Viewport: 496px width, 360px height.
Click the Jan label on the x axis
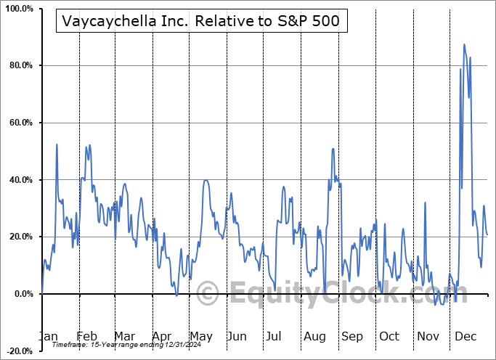pyautogui.click(x=48, y=337)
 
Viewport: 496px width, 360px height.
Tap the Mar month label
pyautogui.click(x=123, y=337)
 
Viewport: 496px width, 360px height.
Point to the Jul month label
pyautogui.click(x=274, y=337)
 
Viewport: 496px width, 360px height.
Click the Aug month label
pyautogui.click(x=314, y=337)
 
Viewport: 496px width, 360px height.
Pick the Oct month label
pyautogui.click(x=389, y=337)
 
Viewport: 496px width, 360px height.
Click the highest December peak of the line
pyautogui.click(x=464, y=44)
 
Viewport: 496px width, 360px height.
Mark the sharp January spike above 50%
pyautogui.click(x=57, y=144)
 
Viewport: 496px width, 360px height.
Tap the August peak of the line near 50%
pyautogui.click(x=333, y=149)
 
